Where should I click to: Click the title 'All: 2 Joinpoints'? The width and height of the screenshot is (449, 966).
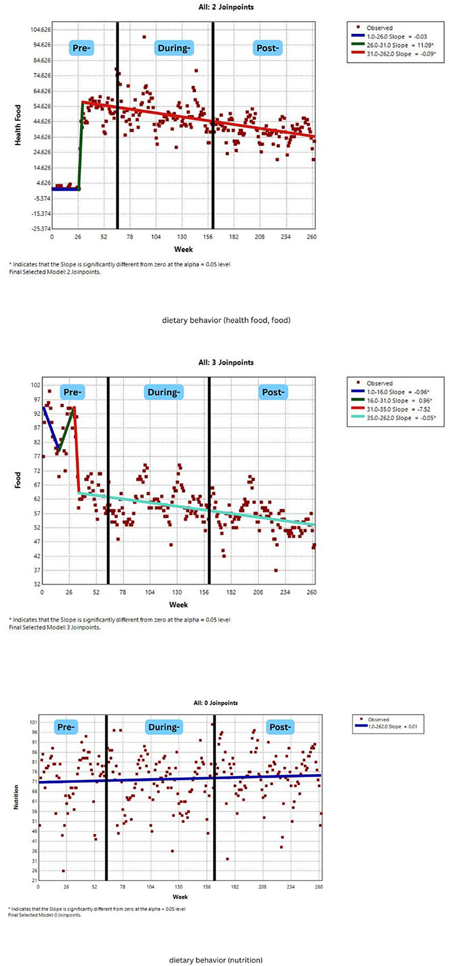coord(226,7)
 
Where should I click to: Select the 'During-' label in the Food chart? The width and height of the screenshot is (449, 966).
coord(164,392)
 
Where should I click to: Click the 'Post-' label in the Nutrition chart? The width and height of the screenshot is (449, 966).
coord(279,727)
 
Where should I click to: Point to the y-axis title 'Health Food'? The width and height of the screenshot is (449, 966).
coord(18,125)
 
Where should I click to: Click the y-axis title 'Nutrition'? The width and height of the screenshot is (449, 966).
coord(17,797)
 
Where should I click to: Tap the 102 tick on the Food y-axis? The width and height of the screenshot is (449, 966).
coord(34,385)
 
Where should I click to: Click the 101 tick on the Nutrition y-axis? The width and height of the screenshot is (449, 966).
coord(33,722)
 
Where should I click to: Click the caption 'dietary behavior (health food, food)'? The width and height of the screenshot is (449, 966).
coord(226,320)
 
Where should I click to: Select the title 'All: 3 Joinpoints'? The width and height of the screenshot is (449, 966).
coord(226,362)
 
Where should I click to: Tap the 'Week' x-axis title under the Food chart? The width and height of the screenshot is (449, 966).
coord(178,604)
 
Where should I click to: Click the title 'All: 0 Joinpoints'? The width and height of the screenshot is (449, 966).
coord(215,703)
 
